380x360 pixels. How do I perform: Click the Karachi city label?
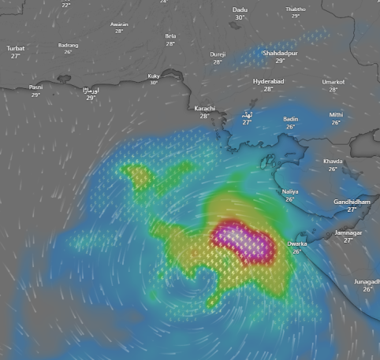204,108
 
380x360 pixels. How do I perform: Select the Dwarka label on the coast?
297,244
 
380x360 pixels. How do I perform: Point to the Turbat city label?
16,48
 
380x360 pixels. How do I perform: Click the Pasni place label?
35,87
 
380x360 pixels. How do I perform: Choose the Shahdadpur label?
281,53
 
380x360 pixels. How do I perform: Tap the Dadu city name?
240,9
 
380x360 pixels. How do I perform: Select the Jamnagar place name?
348,232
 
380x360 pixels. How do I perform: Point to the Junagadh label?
367,281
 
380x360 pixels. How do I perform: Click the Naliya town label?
290,191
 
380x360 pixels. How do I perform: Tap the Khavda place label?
333,161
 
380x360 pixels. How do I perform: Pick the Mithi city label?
336,115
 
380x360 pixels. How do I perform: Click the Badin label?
291,119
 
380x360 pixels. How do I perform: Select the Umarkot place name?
333,82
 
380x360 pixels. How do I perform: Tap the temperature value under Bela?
170,43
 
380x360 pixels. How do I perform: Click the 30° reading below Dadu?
240,17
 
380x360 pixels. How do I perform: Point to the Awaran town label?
119,24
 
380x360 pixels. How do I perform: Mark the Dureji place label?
218,54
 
